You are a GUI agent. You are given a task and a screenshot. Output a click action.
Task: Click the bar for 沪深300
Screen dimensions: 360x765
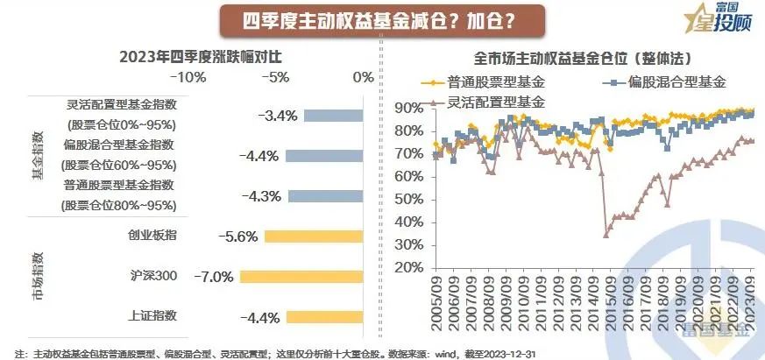301,277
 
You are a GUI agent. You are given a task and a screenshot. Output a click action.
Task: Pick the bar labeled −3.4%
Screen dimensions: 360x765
334,115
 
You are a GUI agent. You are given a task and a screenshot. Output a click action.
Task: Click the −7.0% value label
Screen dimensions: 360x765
214,277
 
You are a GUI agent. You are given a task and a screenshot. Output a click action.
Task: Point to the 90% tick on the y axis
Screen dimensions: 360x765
410,108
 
